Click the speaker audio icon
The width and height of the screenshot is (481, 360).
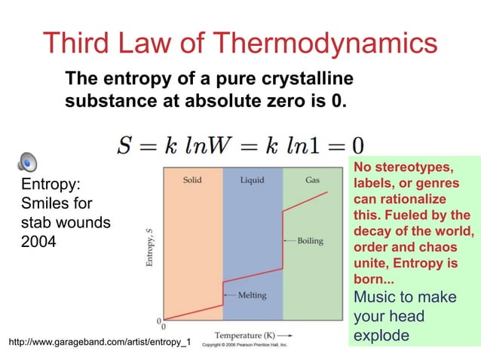tap(27, 161)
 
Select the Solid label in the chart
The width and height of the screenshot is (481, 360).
tap(192, 181)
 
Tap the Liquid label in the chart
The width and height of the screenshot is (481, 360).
tap(253, 181)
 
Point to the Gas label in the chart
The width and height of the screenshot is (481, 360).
tap(312, 181)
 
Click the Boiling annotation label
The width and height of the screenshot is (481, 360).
tap(309, 241)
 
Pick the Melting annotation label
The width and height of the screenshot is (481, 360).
tap(252, 295)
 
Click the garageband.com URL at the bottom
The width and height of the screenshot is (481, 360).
tap(99, 343)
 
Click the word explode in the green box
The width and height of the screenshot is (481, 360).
tap(381, 334)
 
